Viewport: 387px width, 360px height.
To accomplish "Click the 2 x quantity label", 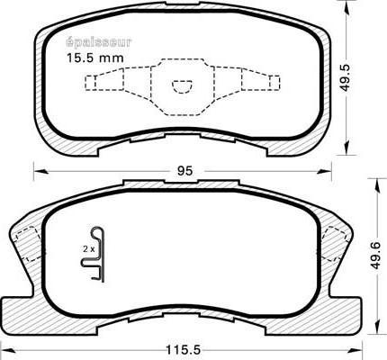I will point(88,245).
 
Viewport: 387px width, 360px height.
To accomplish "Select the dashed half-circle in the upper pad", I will point(183,86).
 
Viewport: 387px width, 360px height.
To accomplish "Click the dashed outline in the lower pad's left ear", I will point(27,243).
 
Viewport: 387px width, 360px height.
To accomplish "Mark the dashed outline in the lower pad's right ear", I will point(340,243).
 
